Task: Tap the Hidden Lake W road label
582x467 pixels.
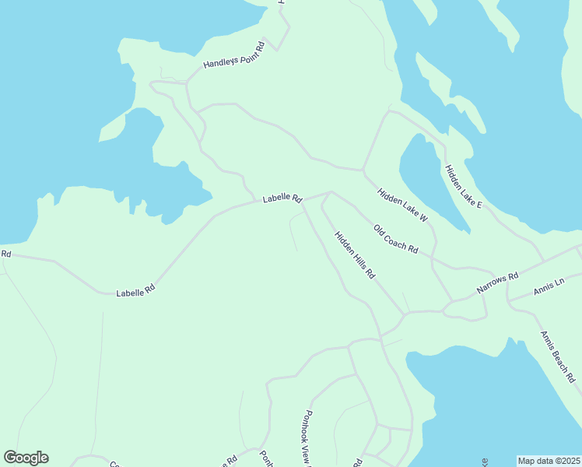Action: pyautogui.click(x=403, y=205)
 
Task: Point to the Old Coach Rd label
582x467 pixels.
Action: pyautogui.click(x=396, y=240)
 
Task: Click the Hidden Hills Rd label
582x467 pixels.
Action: pyautogui.click(x=355, y=255)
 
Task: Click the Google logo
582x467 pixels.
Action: pyautogui.click(x=26, y=458)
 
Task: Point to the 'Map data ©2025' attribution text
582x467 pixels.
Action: pyautogui.click(x=549, y=461)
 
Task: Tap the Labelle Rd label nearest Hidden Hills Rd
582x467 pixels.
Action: pyautogui.click(x=282, y=198)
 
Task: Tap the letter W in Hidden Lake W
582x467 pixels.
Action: pyautogui.click(x=424, y=219)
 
